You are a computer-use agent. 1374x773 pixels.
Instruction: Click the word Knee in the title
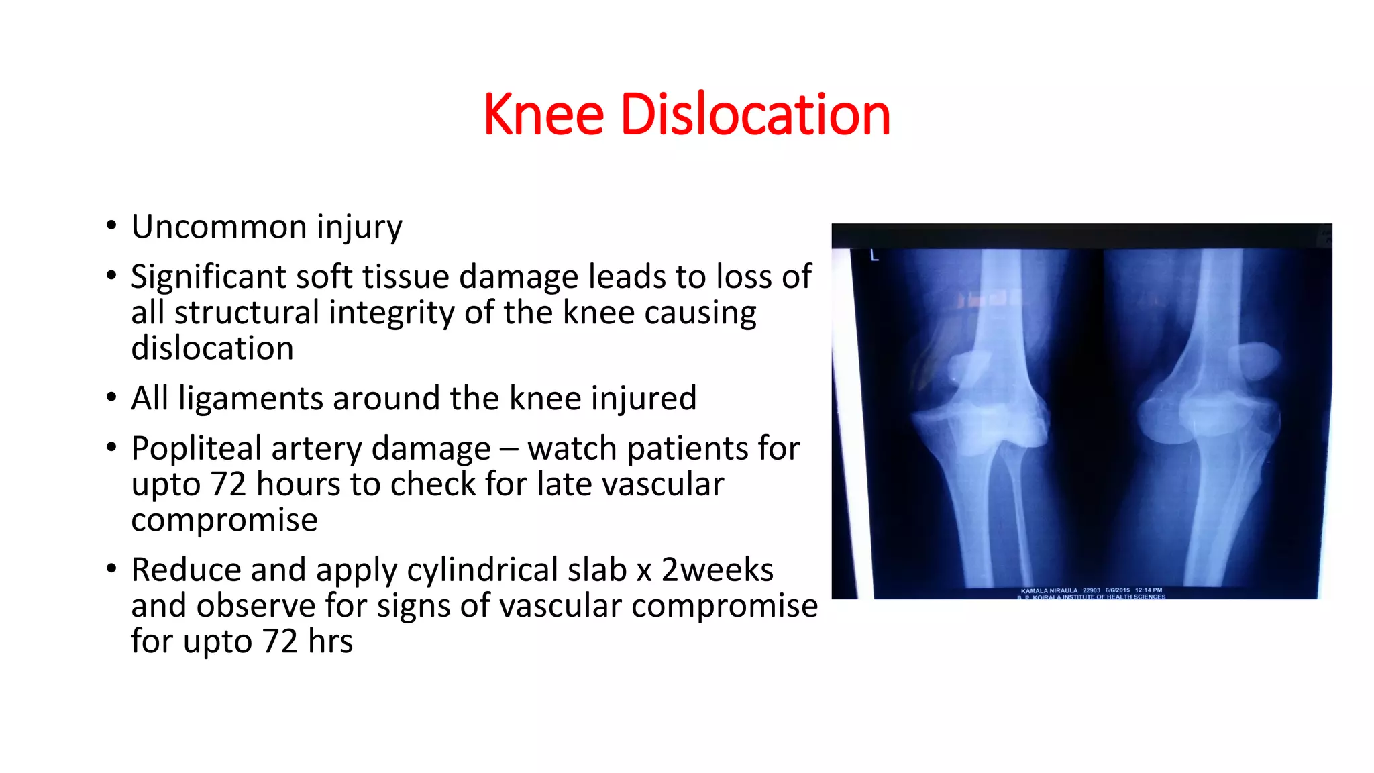pos(543,115)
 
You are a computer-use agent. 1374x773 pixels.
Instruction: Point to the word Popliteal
pos(196,449)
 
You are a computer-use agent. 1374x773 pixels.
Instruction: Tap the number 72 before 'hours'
pos(229,484)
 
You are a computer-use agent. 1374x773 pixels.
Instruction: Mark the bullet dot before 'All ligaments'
pos(111,397)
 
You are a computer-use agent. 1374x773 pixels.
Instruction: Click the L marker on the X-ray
pos(874,256)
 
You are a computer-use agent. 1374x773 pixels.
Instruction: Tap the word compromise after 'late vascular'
pos(224,520)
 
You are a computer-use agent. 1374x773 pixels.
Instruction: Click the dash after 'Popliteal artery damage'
pos(509,449)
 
